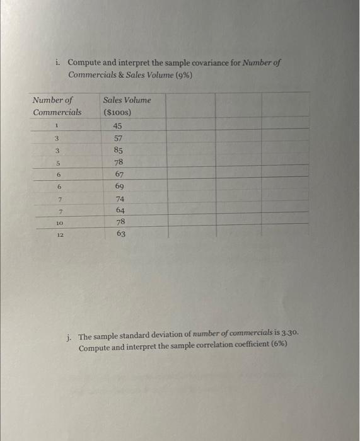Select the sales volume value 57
[119, 138]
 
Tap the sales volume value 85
[119, 151]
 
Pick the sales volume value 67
[119, 175]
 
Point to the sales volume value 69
[119, 186]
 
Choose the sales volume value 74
[120, 199]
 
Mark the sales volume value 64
[120, 210]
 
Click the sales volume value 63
[120, 234]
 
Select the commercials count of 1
[55, 126]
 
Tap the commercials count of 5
[57, 163]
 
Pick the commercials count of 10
[59, 223]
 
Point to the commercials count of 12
[59, 234]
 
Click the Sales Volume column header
[127, 100]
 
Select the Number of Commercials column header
[56, 106]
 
